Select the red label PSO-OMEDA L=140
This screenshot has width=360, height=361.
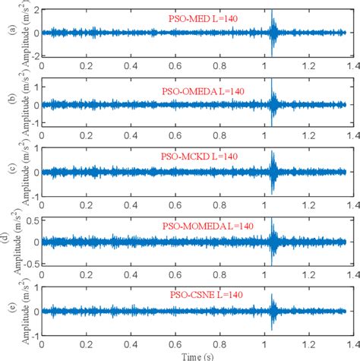207,90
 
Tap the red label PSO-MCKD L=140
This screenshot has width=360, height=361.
207,156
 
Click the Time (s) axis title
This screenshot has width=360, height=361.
196,355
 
